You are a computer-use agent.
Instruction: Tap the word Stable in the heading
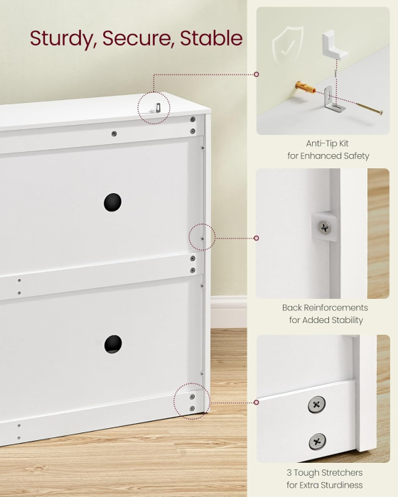coord(211,38)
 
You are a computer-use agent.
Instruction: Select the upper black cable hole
coord(113,202)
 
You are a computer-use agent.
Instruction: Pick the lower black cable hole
coord(113,344)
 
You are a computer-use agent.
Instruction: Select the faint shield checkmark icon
coord(288,45)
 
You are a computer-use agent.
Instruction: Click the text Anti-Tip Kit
coord(327,143)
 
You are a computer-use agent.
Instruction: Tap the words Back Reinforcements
coord(325,307)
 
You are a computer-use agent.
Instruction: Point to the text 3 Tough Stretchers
coord(325,473)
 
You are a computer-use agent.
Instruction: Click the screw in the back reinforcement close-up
coord(324,228)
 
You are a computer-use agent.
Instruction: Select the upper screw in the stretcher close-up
coord(316,405)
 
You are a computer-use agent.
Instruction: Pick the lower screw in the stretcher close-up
coord(318,442)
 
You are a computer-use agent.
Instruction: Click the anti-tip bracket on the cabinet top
coord(156,108)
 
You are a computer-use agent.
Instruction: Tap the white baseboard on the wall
coord(229,312)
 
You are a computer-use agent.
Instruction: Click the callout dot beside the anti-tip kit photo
coord(257,74)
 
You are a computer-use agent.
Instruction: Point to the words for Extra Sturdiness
coord(325,485)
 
